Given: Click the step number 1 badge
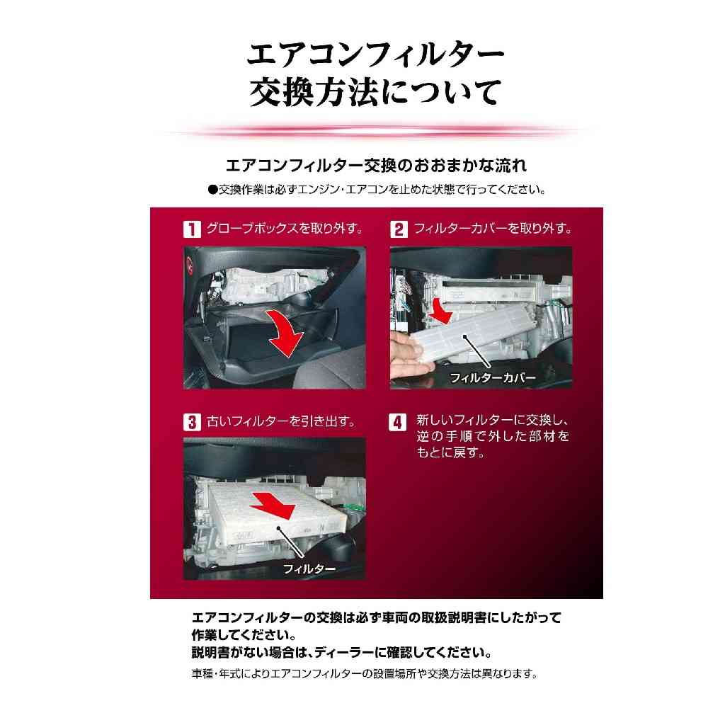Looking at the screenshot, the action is point(191,229).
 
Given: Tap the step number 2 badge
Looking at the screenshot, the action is point(399,229).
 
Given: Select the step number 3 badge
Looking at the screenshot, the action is point(192,422).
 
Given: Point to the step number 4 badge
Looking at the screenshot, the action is point(397,423).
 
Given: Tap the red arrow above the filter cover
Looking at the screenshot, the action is point(440,311).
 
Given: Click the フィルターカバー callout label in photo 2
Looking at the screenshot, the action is point(492,377).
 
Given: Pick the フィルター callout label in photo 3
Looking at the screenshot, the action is point(309,569).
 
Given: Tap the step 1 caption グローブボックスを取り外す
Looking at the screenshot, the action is point(285,229).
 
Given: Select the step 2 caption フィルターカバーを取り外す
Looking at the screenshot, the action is point(493,229).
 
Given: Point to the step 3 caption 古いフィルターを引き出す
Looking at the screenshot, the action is point(281,421).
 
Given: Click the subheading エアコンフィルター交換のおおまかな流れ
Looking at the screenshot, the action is point(376,166).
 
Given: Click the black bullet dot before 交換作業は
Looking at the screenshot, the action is point(212,190).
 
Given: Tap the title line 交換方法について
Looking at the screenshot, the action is point(375,92).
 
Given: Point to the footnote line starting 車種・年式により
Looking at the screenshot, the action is point(365,674).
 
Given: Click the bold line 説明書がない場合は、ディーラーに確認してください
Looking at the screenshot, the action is point(342,652).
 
